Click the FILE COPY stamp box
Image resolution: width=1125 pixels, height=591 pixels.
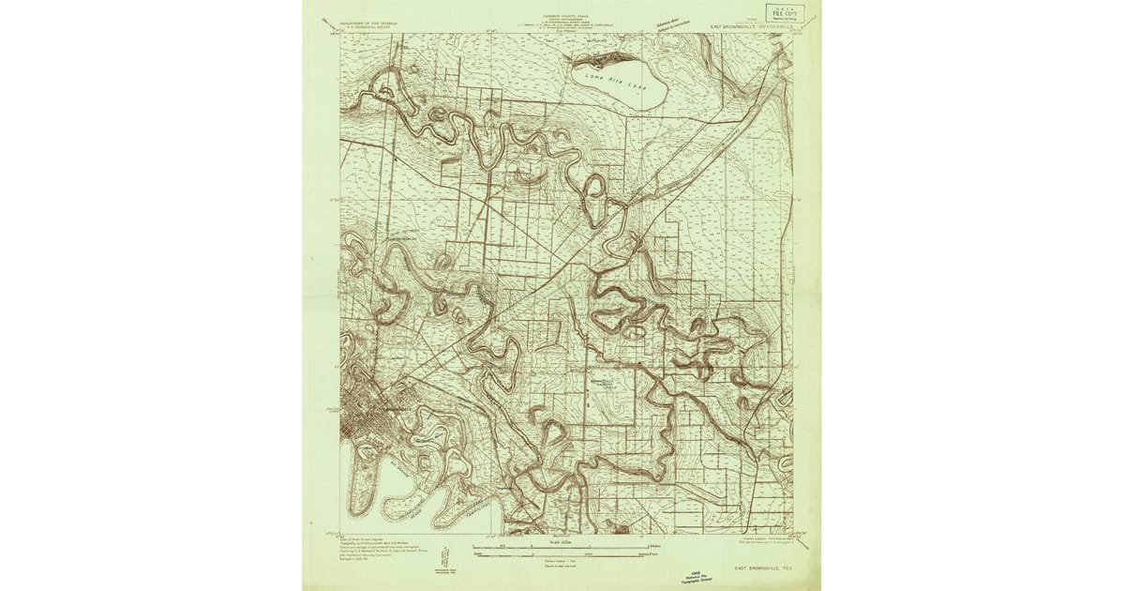[784, 12]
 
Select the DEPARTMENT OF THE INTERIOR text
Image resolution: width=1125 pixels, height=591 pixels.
[368, 20]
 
